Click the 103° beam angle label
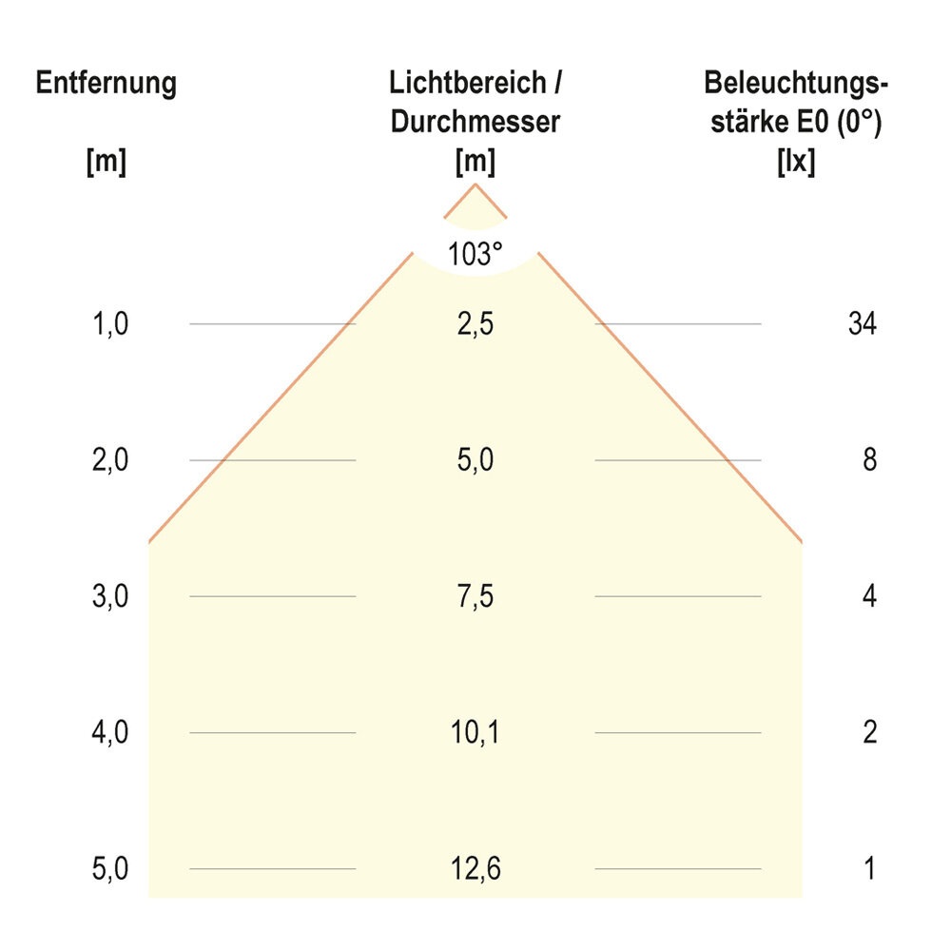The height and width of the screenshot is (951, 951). pos(475,254)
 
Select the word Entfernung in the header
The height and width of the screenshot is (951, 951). pos(106,84)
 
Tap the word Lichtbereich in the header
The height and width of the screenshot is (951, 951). pos(467,84)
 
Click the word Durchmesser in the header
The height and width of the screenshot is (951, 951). pos(475,123)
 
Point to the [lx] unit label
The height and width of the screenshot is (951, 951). pos(795,162)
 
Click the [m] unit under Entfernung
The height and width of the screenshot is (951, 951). pos(106,162)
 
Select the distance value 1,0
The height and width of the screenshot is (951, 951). pos(111,324)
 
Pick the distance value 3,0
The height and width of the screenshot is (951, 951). pos(111,596)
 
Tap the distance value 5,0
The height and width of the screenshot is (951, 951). pos(111,868)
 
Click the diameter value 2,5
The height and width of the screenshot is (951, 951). pos(475,324)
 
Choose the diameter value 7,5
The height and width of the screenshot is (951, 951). pos(475,596)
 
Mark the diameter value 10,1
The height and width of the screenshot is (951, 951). pos(475,732)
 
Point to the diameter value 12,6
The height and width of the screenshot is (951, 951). pos(475,868)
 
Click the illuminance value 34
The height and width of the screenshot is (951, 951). pos(862,324)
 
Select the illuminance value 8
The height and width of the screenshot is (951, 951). pos(869,460)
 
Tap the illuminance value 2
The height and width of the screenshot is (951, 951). pos(869,732)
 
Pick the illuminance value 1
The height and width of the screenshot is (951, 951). pos(869,868)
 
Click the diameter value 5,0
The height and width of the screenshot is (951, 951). pos(475,460)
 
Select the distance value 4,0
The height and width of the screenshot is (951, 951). pos(111,732)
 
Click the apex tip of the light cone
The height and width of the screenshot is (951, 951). pos(475,184)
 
